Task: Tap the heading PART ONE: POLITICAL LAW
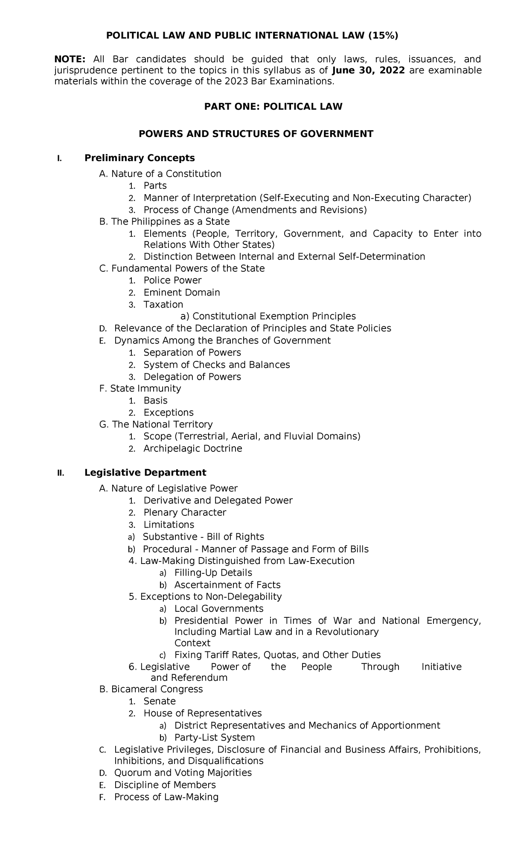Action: coord(273,106)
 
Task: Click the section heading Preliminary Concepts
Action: coord(140,158)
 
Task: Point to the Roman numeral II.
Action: coord(60,473)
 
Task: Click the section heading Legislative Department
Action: coord(145,472)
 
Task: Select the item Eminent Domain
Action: coord(182,292)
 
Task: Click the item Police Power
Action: coord(172,280)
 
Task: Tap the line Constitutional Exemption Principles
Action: coord(268,316)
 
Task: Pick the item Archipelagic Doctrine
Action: coord(192,448)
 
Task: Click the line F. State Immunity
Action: coord(140,388)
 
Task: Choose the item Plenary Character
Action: coord(185,512)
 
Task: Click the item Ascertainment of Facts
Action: coord(227,585)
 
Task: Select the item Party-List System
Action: coord(214,738)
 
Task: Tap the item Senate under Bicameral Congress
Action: coord(160,701)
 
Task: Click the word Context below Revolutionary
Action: coord(192,643)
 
